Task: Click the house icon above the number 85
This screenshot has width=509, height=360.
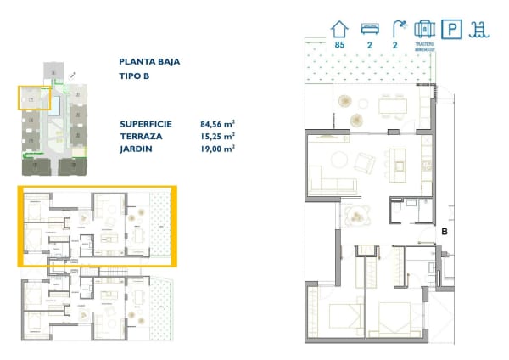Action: [340, 29]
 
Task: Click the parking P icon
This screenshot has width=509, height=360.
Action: [453, 30]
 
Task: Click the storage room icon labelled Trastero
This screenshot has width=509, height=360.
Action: [425, 29]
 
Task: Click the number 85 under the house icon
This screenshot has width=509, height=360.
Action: [340, 44]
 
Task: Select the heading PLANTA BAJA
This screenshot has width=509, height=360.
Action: [149, 61]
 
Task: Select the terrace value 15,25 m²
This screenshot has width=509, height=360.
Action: [217, 135]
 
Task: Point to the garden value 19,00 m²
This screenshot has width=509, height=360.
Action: [217, 147]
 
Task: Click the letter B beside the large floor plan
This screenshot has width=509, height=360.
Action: [444, 229]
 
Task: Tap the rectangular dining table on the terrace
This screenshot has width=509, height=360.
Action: [391, 104]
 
